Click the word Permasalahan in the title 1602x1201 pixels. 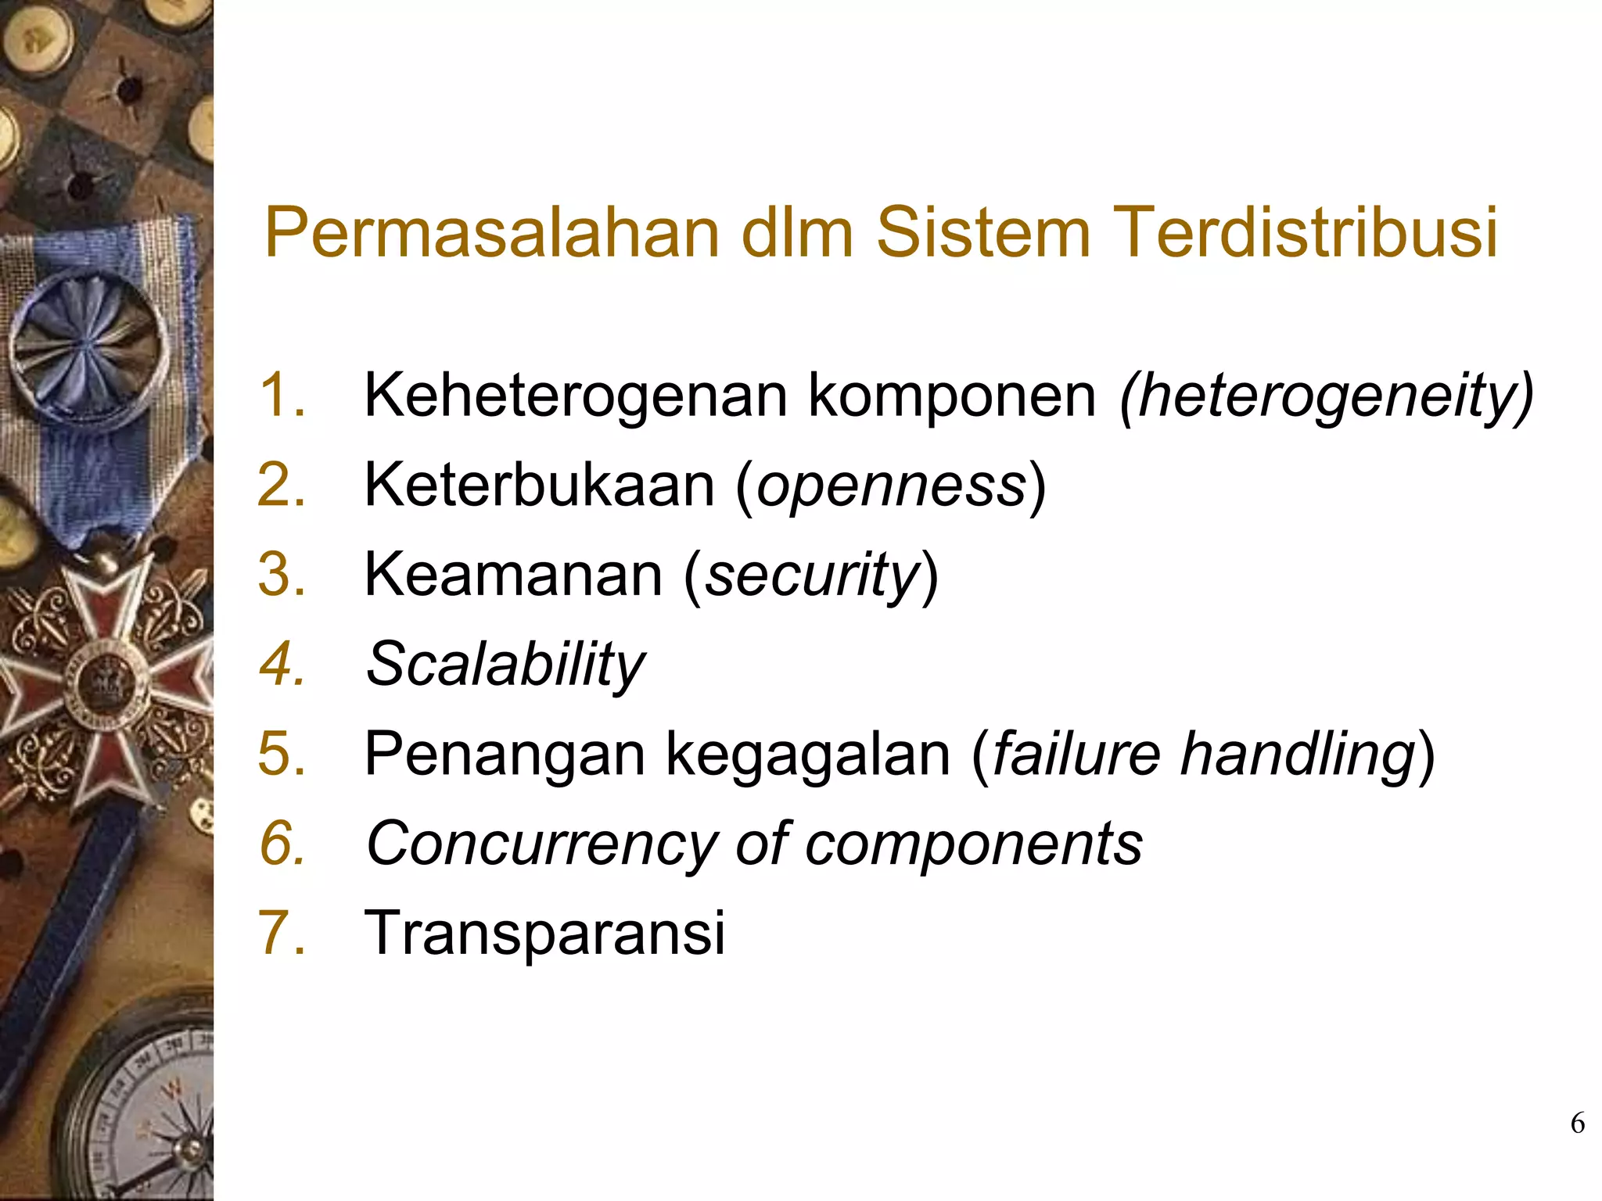[491, 232]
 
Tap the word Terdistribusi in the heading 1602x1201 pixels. [1303, 232]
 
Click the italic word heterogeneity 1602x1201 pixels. [1327, 396]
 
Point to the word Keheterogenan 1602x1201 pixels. [576, 396]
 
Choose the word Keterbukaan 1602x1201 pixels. [540, 486]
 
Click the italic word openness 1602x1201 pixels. [891, 486]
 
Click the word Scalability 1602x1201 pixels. [505, 665]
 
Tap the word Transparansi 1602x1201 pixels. [544, 933]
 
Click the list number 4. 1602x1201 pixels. [281, 665]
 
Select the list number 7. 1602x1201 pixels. [281, 933]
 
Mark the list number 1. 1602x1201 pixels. [281, 396]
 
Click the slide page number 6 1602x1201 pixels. [1577, 1124]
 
